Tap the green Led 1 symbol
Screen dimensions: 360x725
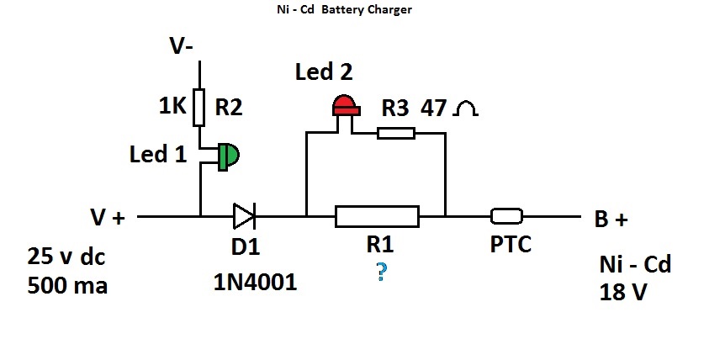pos(227,156)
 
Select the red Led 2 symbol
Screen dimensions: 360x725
pos(343,107)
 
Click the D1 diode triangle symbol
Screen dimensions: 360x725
pos(244,216)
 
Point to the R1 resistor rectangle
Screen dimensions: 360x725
pos(376,216)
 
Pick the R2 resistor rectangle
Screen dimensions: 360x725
pos(200,108)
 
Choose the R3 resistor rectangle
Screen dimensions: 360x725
pos(395,132)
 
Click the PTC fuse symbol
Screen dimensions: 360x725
pos(507,216)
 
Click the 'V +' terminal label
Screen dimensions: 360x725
pos(107,219)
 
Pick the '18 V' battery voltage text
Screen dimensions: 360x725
pos(622,293)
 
